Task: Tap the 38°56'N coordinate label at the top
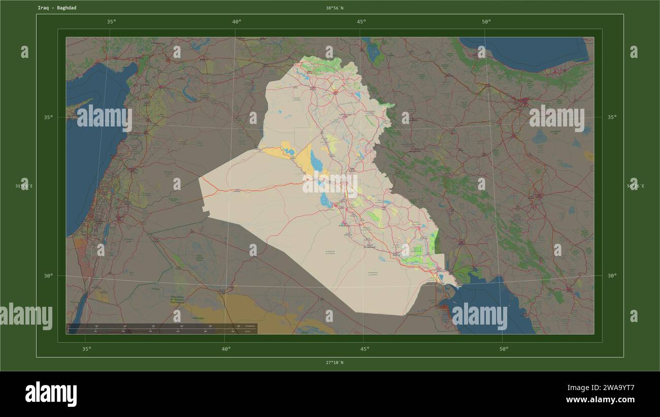click(x=335, y=8)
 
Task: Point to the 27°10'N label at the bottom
click(x=335, y=363)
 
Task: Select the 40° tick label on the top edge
click(x=237, y=21)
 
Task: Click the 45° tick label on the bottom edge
click(x=365, y=349)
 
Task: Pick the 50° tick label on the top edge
click(x=486, y=21)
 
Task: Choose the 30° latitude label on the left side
click(x=48, y=276)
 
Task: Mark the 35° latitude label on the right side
click(x=612, y=117)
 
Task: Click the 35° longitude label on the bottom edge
click(x=87, y=349)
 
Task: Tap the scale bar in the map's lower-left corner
click(x=161, y=329)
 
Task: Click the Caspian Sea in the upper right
click(x=528, y=51)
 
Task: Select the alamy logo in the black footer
click(x=51, y=394)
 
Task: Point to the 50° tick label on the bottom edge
click(x=503, y=349)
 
